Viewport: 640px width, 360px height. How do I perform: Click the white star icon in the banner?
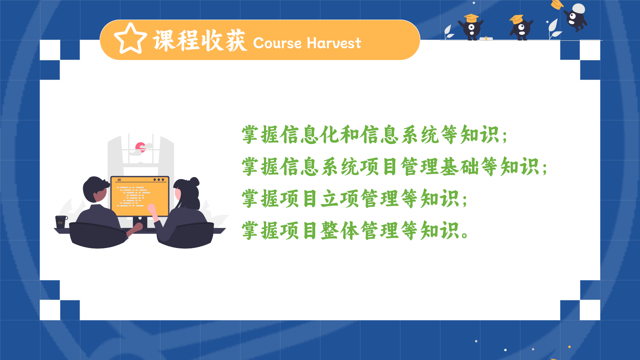click(x=130, y=39)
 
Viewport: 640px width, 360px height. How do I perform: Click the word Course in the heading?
click(x=277, y=43)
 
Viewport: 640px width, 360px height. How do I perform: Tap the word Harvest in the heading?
click(x=334, y=43)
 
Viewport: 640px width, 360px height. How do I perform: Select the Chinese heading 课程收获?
click(x=200, y=40)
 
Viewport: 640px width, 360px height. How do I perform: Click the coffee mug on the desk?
click(x=61, y=222)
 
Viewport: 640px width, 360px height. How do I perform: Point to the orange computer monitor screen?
click(x=140, y=196)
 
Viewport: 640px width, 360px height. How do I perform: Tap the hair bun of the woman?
click(x=194, y=182)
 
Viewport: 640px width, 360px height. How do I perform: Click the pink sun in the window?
click(x=140, y=147)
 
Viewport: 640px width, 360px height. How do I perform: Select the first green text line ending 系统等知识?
click(x=374, y=134)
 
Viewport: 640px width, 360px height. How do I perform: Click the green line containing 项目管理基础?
click(x=394, y=166)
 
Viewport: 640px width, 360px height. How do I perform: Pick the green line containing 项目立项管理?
click(x=354, y=198)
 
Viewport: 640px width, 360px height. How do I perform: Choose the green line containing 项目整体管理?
click(x=355, y=230)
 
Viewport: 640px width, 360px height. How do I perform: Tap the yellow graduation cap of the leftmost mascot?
click(x=471, y=18)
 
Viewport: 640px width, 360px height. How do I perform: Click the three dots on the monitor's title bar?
click(x=159, y=180)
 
